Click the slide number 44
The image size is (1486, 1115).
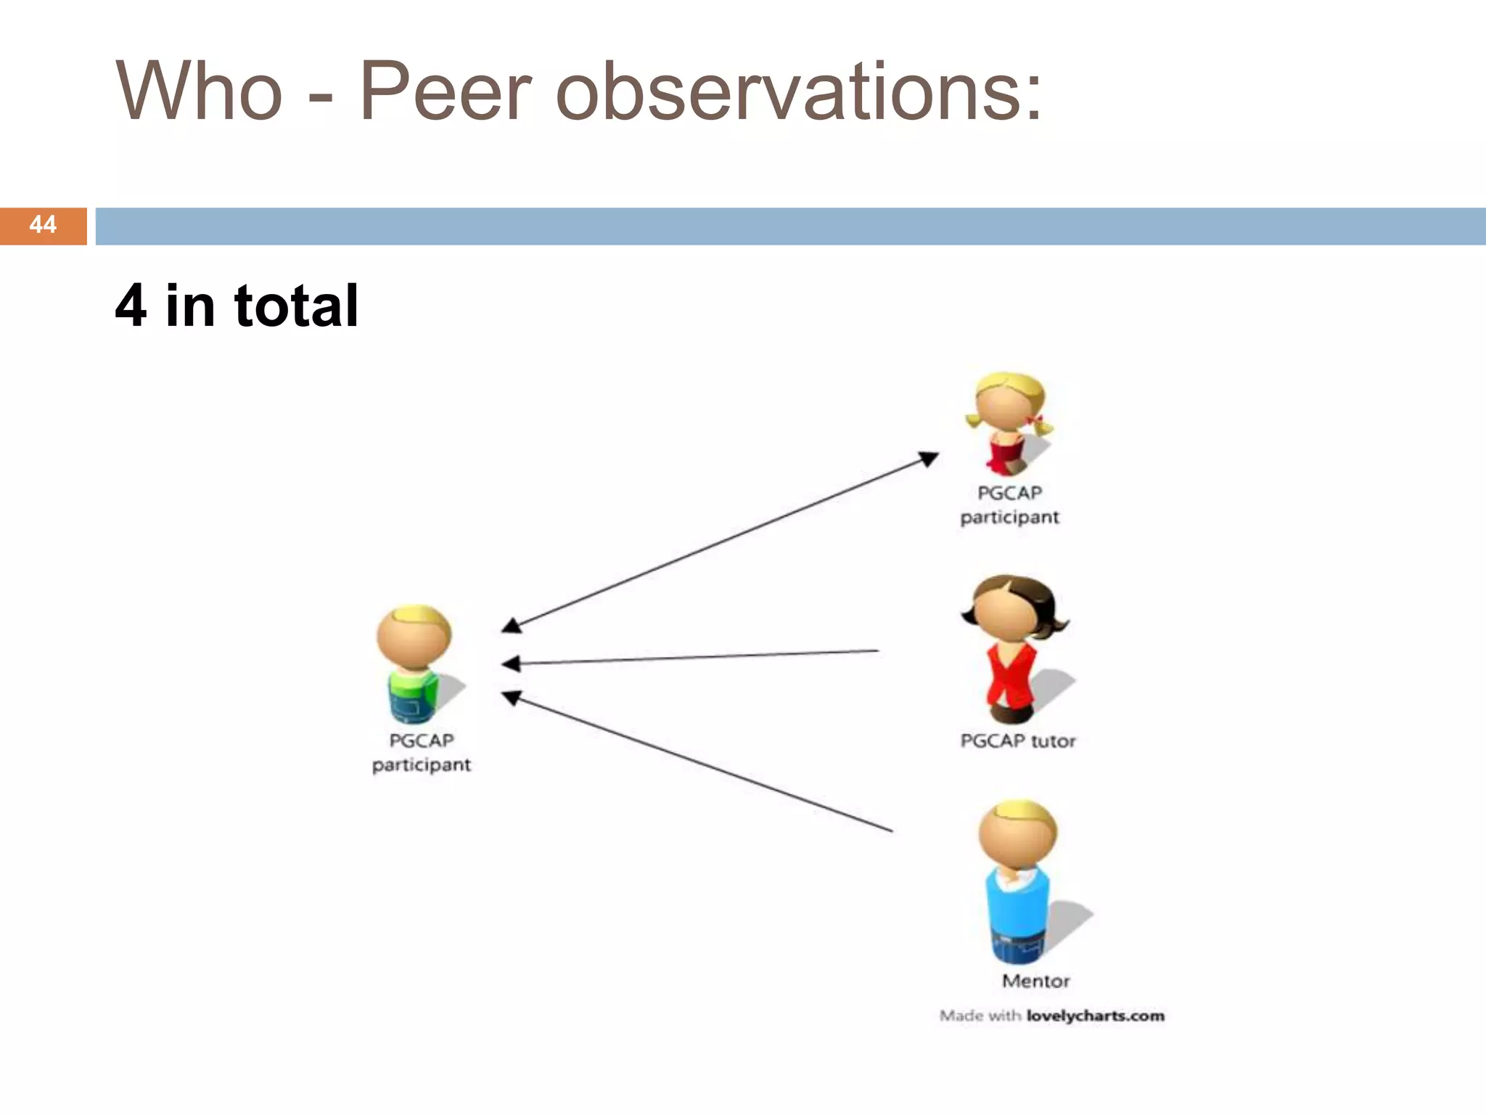pos(43,225)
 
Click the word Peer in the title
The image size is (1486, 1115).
pos(445,92)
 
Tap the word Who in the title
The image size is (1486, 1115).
pos(199,92)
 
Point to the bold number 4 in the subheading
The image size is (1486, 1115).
pos(131,306)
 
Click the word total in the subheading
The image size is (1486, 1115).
pos(296,306)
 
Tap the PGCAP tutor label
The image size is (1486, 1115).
pos(1017,741)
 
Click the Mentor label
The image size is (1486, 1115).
pos(1035,981)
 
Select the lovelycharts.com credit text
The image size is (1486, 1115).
pos(1095,1016)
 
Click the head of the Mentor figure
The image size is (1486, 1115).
pos(1017,835)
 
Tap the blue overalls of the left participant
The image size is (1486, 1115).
pos(408,703)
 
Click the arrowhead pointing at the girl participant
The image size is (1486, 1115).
pos(928,458)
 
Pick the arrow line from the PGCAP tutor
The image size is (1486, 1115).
pos(697,657)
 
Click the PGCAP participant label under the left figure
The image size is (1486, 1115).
pos(422,753)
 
